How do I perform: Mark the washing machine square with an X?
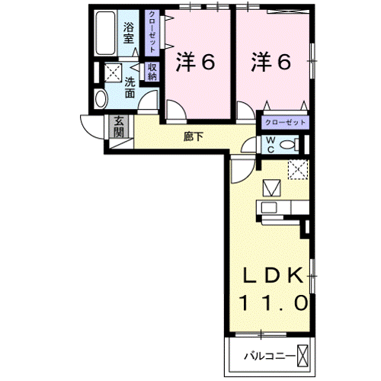(112, 72)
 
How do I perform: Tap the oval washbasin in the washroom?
(101, 99)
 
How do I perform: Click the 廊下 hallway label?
(194, 137)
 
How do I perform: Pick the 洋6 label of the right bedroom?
(272, 62)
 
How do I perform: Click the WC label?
(271, 144)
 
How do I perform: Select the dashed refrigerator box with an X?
(297, 169)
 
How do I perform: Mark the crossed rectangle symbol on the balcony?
(303, 354)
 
